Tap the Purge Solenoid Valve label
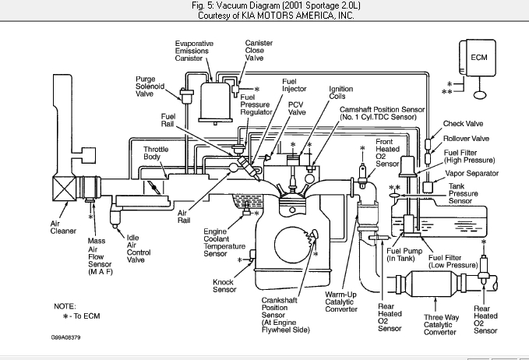150,85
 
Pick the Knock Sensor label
224,284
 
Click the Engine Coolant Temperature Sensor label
226,242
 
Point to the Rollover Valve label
465,139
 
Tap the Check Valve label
463,123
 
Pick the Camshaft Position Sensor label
381,115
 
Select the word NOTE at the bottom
64,306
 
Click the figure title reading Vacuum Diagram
264,6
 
